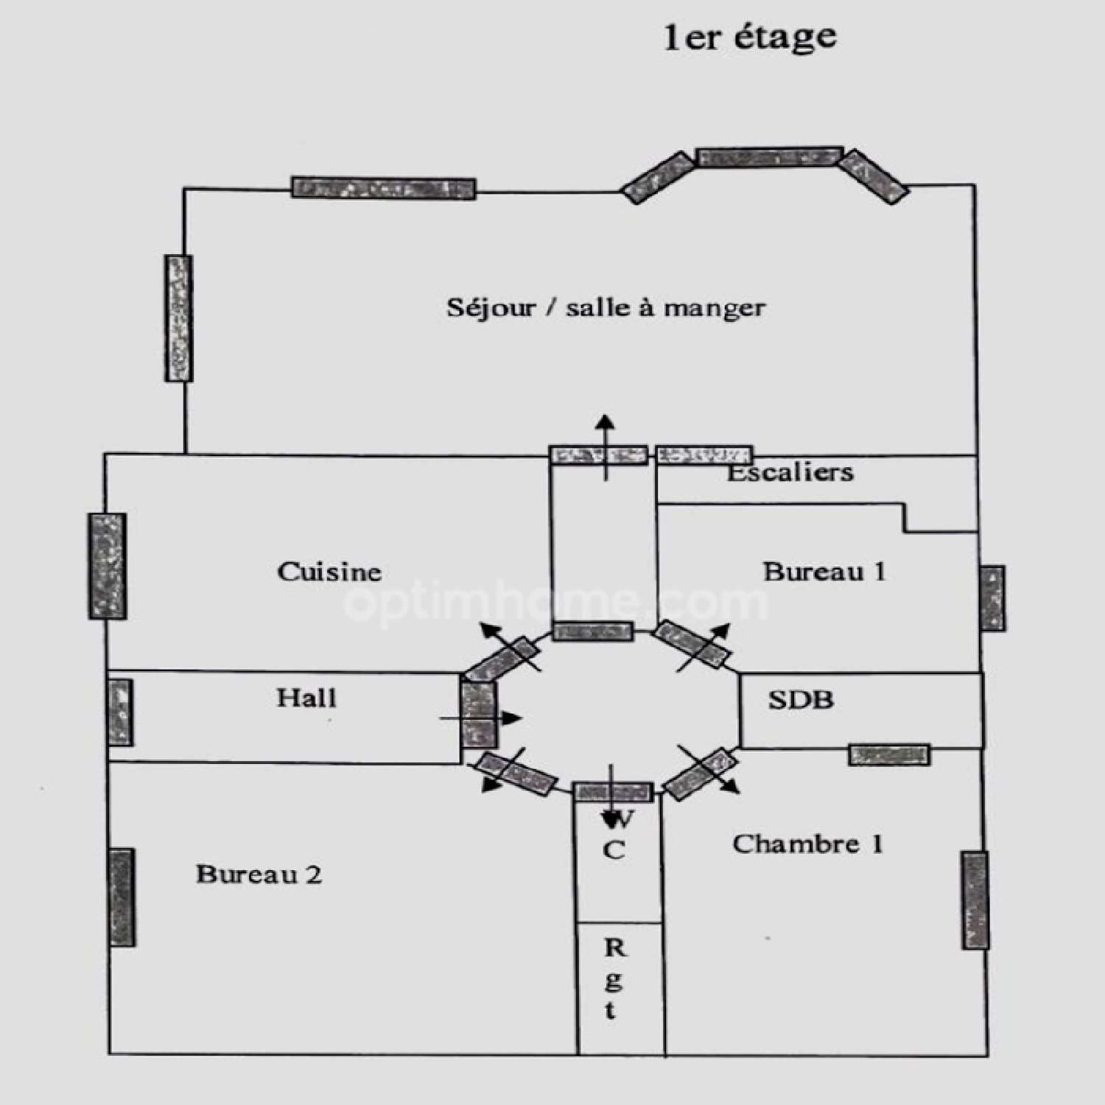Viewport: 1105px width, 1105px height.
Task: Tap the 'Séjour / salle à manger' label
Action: point(606,307)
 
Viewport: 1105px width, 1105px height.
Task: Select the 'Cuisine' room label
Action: point(329,572)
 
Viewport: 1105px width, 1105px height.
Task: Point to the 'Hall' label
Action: point(306,698)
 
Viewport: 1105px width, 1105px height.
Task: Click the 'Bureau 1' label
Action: point(824,572)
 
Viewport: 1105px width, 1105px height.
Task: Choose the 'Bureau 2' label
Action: point(259,874)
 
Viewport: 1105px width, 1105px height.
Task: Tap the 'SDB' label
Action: point(801,699)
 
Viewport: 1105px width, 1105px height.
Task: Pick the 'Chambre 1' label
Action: point(807,844)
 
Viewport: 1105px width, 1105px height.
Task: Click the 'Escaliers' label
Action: point(790,472)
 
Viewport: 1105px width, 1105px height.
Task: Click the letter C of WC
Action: point(614,850)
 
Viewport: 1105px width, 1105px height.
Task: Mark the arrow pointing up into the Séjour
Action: point(606,448)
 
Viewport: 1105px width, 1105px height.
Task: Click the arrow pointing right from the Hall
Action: point(481,718)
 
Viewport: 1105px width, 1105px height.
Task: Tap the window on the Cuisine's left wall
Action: point(108,566)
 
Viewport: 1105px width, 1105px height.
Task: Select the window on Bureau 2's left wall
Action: point(122,897)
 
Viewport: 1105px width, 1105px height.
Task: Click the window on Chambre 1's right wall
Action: point(975,900)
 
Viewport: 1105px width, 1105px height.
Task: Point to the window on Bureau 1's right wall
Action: point(992,598)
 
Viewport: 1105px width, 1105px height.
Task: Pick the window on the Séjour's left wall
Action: point(178,318)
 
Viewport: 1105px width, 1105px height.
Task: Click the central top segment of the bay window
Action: point(769,156)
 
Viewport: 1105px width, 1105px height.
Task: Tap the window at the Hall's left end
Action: point(120,712)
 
